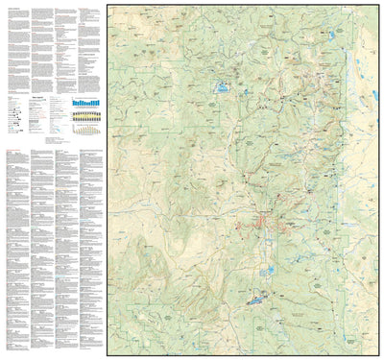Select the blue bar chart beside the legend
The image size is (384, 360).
(86, 101)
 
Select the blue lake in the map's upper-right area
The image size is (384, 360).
(331, 36)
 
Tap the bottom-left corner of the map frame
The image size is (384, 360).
(108, 354)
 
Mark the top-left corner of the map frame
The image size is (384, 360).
(108, 5)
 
